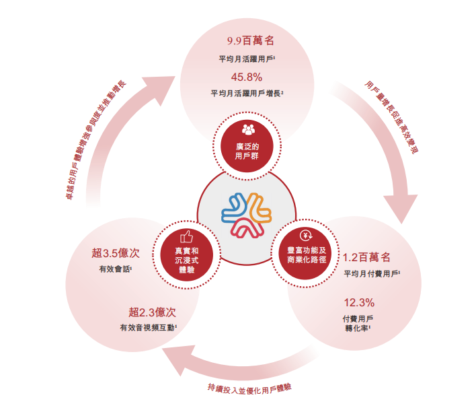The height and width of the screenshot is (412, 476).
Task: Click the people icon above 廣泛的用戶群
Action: click(x=247, y=129)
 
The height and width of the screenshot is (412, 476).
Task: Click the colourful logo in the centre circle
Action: click(x=246, y=215)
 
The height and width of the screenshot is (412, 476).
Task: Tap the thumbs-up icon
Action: click(x=186, y=236)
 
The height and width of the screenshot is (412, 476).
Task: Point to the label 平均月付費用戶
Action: click(x=371, y=275)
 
